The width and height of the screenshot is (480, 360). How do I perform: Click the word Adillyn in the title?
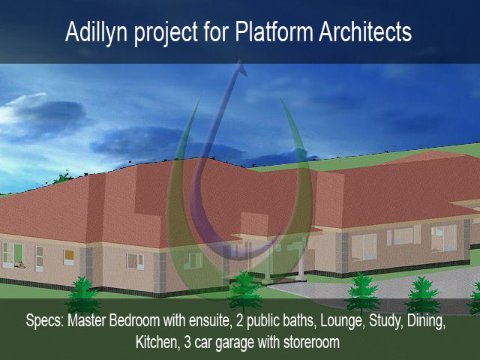click(x=96, y=31)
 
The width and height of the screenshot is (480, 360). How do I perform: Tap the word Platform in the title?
click(x=274, y=31)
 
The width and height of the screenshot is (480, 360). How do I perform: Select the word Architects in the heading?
click(x=365, y=31)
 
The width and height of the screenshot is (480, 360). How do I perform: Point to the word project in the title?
click(x=166, y=34)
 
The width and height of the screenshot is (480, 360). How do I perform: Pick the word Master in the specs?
click(x=87, y=320)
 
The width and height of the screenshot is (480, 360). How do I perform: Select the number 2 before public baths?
click(x=240, y=320)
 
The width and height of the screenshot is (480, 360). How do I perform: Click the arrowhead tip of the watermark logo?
click(x=240, y=61)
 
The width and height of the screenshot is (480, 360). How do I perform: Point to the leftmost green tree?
click(x=82, y=293)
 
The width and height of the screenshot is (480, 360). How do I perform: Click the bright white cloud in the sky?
click(x=18, y=110)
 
